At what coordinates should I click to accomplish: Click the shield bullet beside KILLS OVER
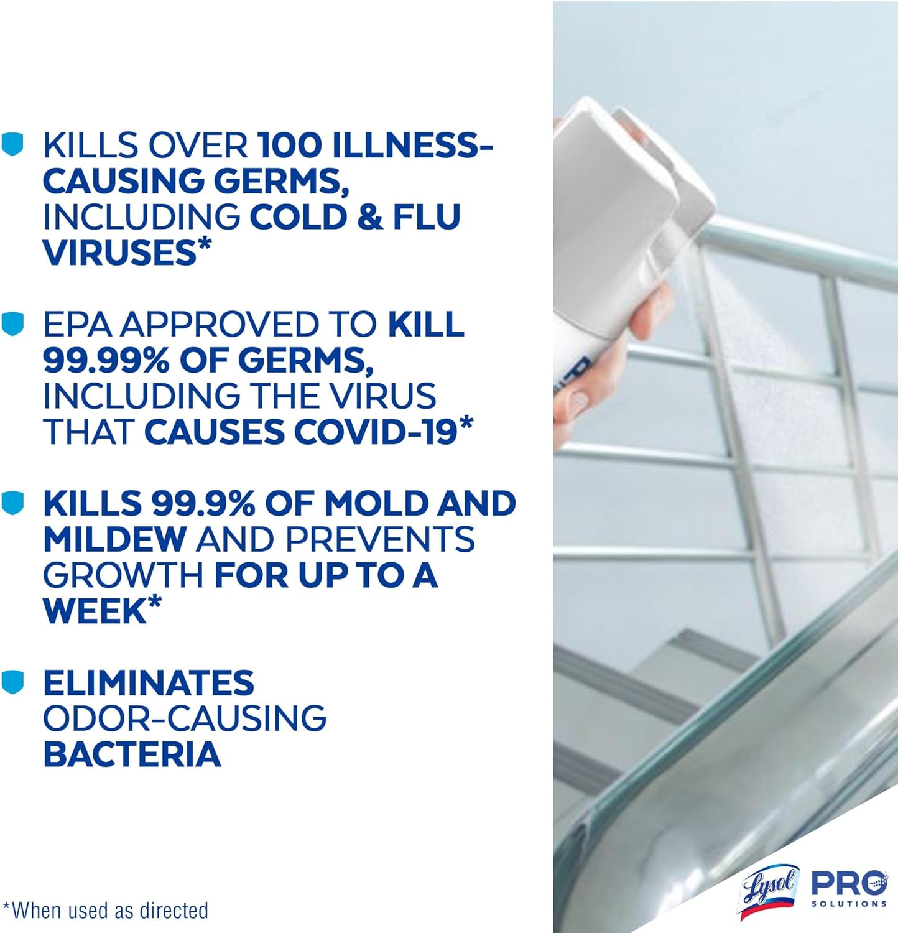[x=12, y=144]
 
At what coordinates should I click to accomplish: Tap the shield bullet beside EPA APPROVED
[x=12, y=323]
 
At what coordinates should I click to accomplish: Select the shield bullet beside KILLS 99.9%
[x=12, y=503]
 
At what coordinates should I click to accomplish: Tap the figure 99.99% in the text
[x=106, y=360]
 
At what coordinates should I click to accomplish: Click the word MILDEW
[x=114, y=539]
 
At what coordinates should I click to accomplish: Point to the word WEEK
[x=95, y=611]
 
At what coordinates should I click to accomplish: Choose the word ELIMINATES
[x=149, y=683]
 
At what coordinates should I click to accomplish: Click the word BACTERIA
[x=132, y=754]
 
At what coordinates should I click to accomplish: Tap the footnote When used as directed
[x=106, y=910]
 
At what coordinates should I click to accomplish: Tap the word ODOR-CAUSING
[x=185, y=718]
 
